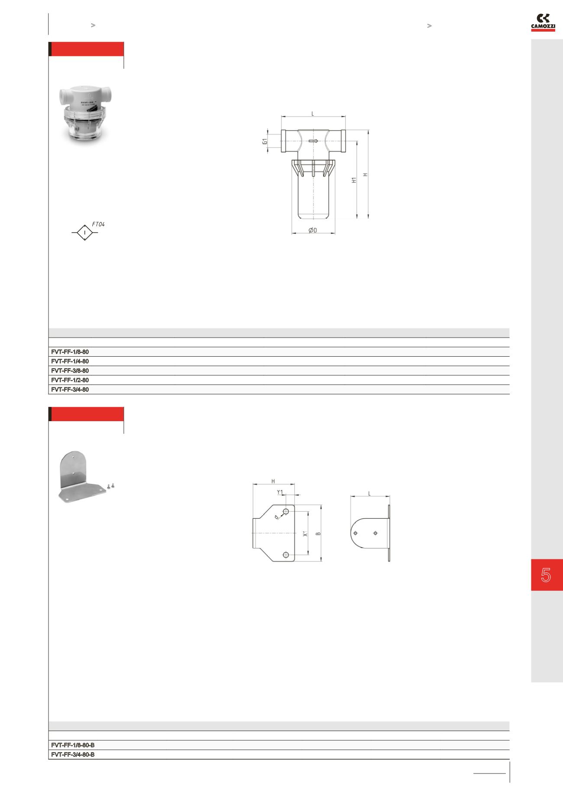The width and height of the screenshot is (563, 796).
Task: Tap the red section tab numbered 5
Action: click(x=547, y=575)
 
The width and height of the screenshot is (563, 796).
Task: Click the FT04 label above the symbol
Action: click(x=98, y=224)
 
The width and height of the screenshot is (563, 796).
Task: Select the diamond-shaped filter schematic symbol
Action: click(x=85, y=233)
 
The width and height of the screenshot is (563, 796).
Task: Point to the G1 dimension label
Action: click(x=265, y=141)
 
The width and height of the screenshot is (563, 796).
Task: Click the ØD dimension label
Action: click(x=313, y=230)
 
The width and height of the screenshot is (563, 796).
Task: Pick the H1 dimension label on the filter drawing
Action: click(x=354, y=180)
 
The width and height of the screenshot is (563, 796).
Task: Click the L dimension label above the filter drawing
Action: click(x=313, y=114)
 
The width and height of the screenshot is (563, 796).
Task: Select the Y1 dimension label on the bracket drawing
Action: click(x=280, y=492)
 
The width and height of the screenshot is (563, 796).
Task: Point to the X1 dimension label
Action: click(x=305, y=534)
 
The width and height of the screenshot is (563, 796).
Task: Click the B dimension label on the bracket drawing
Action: click(x=318, y=533)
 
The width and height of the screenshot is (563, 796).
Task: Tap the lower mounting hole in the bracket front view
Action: click(x=285, y=555)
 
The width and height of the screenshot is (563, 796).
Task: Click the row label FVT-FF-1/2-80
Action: click(x=70, y=380)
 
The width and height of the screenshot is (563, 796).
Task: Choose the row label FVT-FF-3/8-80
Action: click(x=70, y=371)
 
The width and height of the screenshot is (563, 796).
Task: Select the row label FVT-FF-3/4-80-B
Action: click(x=73, y=754)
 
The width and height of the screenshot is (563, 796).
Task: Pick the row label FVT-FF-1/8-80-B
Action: click(x=73, y=745)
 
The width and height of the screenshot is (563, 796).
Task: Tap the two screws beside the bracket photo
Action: click(x=110, y=486)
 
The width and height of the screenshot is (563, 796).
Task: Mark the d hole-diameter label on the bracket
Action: click(x=277, y=517)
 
